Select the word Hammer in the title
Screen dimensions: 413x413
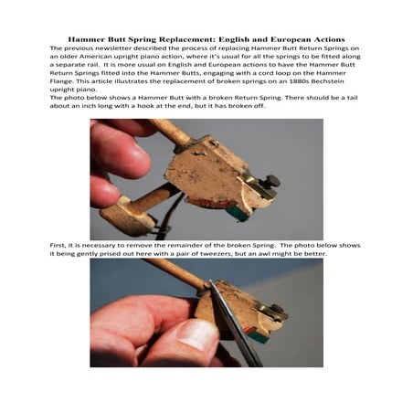[x=88, y=40]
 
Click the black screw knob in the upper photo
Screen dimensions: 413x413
[x=271, y=180]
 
